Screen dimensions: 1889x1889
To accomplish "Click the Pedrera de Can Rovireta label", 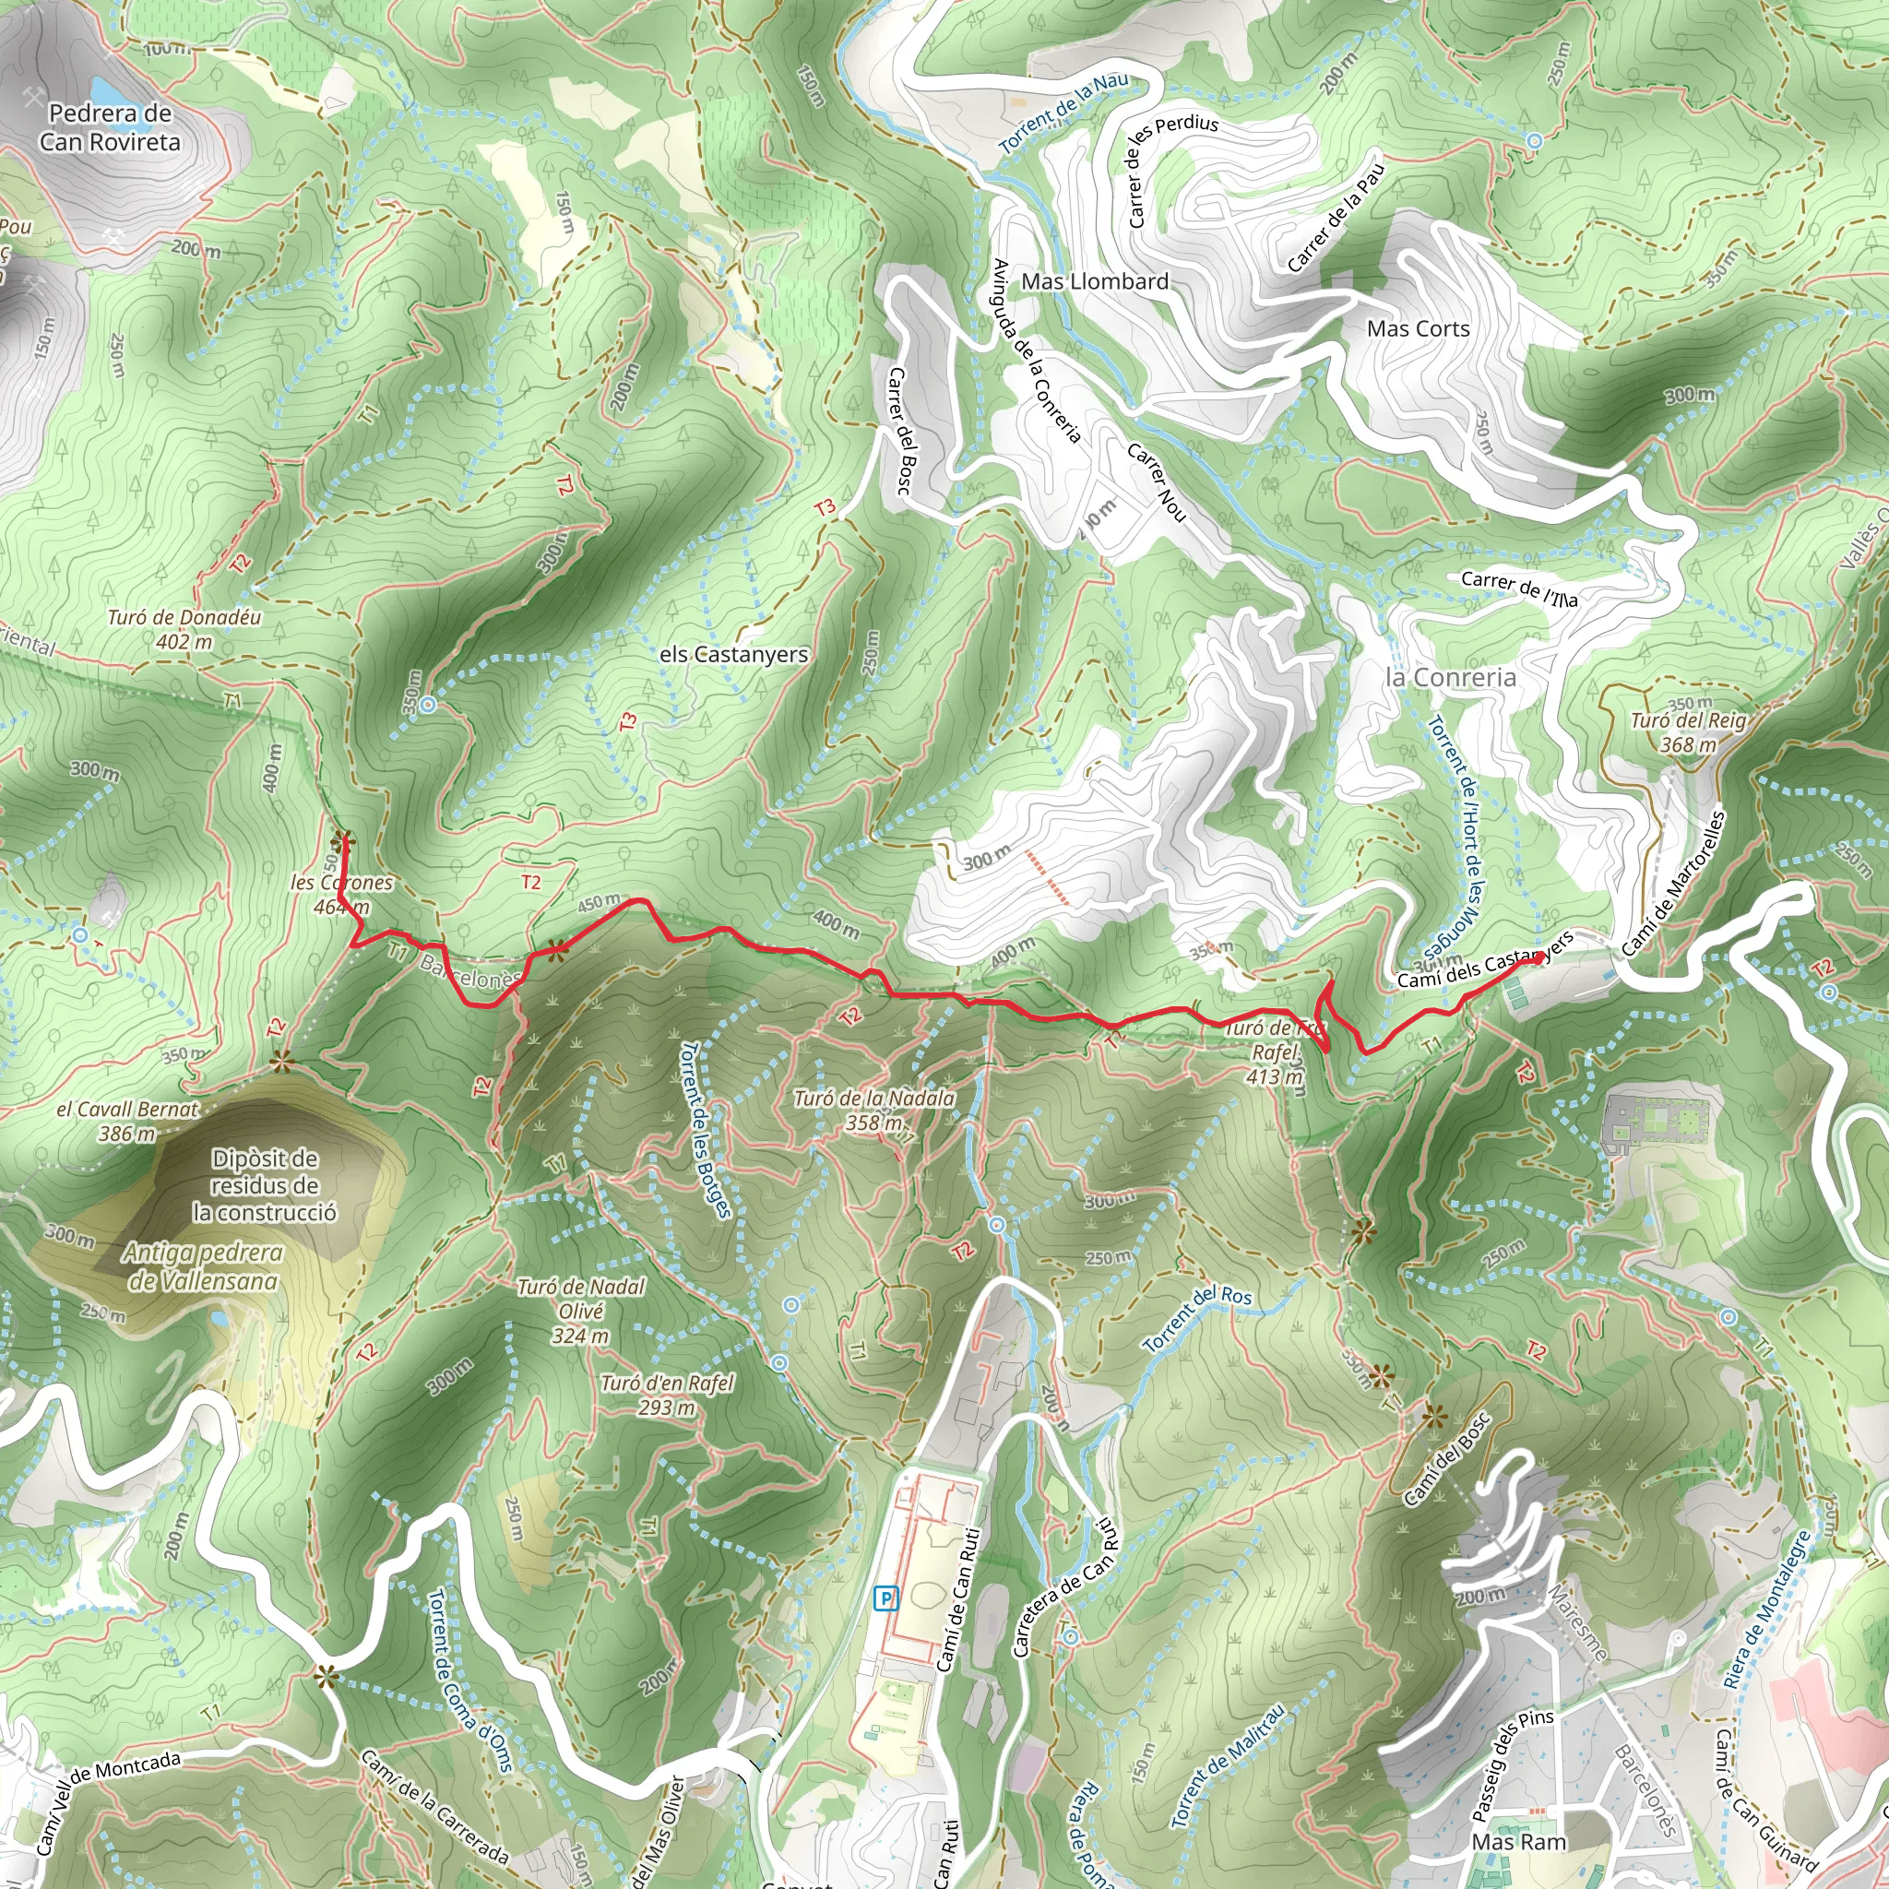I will (x=111, y=128).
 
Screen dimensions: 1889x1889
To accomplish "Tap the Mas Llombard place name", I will (x=1094, y=281).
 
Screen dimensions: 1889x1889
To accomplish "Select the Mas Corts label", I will (x=1418, y=328).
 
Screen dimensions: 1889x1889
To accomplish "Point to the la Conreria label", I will (x=1451, y=677).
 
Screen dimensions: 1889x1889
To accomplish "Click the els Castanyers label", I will (x=733, y=654).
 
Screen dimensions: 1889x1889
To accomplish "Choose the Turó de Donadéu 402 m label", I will (x=184, y=630).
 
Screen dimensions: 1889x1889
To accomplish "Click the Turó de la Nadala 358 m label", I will (x=873, y=1111).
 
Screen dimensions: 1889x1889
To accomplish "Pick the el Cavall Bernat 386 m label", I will (x=127, y=1122).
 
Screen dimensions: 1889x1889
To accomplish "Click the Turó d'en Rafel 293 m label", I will (x=667, y=1396).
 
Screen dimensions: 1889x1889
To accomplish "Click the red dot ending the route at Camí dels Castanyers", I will (x=1539, y=958).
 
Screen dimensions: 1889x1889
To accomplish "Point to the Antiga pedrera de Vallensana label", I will (x=202, y=1266).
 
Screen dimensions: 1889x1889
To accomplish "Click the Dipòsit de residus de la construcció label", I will (x=264, y=1185).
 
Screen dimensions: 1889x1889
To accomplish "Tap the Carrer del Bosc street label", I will (x=901, y=430).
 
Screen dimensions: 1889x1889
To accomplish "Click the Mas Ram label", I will (x=1518, y=1842).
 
